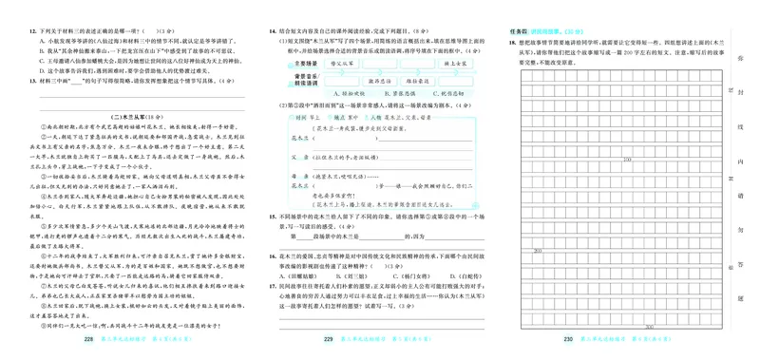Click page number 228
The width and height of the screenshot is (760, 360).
(x=89, y=339)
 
